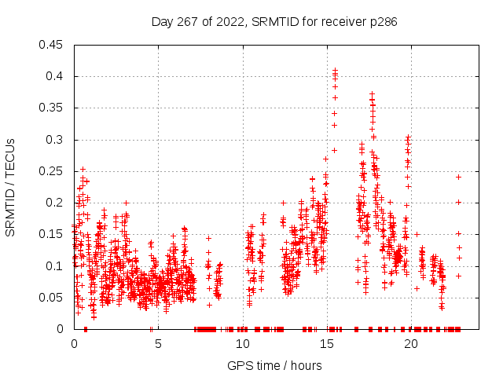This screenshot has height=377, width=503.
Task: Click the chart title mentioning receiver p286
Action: tap(274, 22)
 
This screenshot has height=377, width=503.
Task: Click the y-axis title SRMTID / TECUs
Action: tap(10, 187)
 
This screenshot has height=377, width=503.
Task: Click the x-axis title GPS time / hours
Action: tap(274, 365)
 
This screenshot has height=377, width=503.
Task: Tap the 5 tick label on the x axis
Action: tap(158, 343)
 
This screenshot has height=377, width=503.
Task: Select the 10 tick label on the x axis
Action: tap(242, 343)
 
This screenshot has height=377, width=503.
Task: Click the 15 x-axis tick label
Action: tap(326, 343)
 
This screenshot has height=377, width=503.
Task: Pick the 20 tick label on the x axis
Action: tap(410, 343)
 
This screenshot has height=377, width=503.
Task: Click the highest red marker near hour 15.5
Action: tap(336, 70)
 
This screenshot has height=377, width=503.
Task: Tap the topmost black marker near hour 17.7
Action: tap(373, 93)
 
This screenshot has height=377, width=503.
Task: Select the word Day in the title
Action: tap(162, 22)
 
